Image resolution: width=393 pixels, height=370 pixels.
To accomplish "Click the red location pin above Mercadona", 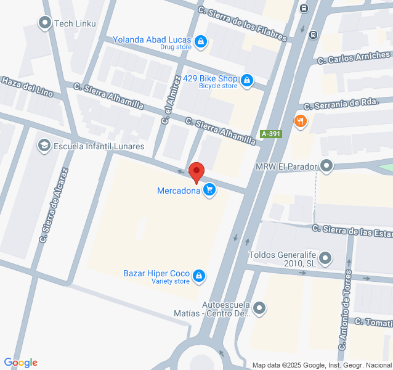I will (x=196, y=171).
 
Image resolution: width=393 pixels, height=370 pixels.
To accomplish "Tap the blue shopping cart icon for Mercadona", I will (x=210, y=190).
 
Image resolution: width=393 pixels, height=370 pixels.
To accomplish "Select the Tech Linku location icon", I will (x=44, y=23).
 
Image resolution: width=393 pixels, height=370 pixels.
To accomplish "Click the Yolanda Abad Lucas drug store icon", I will (x=200, y=42).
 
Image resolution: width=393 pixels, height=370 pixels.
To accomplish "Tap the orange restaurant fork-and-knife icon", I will (x=301, y=121).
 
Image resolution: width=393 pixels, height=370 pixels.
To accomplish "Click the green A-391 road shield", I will (x=271, y=134).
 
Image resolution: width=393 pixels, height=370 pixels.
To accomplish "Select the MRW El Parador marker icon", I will (x=326, y=166).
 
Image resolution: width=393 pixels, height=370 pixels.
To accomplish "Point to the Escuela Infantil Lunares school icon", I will (x=44, y=146).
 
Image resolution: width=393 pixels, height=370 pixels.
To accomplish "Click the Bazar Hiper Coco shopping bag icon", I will (x=199, y=276).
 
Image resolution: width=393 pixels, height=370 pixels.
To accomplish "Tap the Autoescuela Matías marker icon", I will (x=260, y=307).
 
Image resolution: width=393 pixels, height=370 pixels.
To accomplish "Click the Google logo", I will (x=20, y=363).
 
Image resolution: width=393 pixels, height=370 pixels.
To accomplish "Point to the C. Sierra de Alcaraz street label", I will (x=52, y=205).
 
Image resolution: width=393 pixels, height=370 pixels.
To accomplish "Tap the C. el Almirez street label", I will (x=171, y=100).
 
